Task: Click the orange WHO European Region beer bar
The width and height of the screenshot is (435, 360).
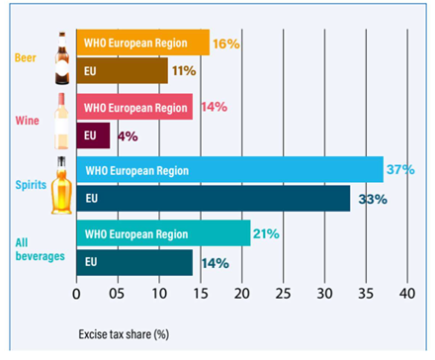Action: tap(143, 43)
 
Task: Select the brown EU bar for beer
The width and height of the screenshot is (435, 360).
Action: tap(123, 71)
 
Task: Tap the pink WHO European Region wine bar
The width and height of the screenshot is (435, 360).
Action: tap(134, 107)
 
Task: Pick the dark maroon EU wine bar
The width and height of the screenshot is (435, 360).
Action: tap(93, 135)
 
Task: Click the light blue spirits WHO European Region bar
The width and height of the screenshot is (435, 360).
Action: tap(230, 169)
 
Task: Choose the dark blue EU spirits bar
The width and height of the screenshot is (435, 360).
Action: tap(214, 198)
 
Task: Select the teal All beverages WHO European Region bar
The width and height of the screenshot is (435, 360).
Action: tap(163, 233)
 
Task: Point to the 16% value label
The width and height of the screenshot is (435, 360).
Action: tap(226, 44)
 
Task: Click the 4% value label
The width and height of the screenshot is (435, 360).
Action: tap(128, 136)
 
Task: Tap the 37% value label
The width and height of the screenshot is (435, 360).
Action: tap(400, 169)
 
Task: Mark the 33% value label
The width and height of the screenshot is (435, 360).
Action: tap(373, 199)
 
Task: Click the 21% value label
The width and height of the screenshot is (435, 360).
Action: tap(266, 233)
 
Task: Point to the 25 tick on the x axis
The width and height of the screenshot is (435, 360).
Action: tap(283, 293)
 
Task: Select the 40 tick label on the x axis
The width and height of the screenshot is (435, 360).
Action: tap(407, 293)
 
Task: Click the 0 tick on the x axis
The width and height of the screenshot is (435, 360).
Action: tap(76, 294)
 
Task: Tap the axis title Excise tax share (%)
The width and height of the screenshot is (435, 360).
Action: tap(124, 334)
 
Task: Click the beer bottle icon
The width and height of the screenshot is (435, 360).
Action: tap(62, 58)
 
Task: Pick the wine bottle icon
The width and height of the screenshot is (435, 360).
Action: tap(61, 121)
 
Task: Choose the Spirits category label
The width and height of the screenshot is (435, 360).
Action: tap(31, 185)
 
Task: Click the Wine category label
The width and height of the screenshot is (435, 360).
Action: tap(27, 121)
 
